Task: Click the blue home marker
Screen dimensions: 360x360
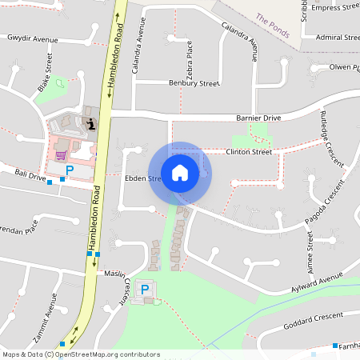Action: tap(180, 172)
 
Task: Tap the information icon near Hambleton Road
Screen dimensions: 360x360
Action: tap(91, 123)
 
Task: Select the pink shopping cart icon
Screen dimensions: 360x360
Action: tap(60, 155)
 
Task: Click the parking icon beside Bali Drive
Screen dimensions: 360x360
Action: tap(70, 170)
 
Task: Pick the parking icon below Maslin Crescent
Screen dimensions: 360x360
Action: tap(145, 289)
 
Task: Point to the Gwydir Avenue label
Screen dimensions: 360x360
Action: tap(33, 38)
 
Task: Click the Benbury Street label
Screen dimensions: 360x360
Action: tap(194, 82)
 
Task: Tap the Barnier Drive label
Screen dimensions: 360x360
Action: tap(258, 118)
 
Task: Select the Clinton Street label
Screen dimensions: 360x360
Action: tap(249, 151)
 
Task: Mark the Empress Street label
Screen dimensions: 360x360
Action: tap(336, 8)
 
